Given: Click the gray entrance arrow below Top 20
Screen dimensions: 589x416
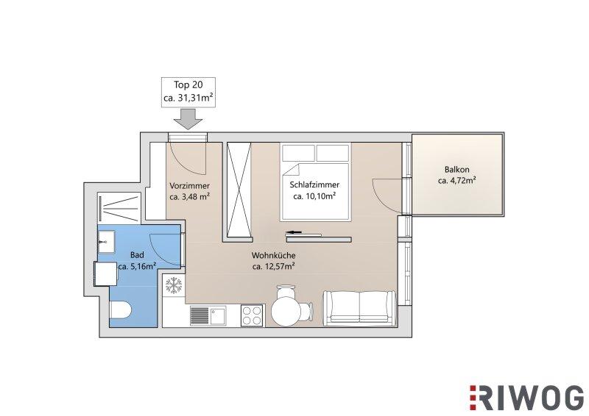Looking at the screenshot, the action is coord(188,119).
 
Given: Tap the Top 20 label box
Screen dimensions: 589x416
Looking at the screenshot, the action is coord(188,92).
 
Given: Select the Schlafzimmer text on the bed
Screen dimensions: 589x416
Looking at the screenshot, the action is coord(314,184).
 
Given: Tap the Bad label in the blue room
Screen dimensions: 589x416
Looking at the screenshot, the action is coord(137,255).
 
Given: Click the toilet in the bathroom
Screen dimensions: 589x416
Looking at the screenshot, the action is coord(120,310).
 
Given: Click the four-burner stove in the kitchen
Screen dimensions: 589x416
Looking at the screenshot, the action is coord(253,315).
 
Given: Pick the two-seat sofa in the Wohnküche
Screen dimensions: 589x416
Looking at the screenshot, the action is coord(360,308).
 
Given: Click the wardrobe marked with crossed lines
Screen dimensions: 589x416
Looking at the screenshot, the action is coord(239,190).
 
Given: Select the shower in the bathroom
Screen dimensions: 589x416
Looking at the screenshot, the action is coord(119,208).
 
